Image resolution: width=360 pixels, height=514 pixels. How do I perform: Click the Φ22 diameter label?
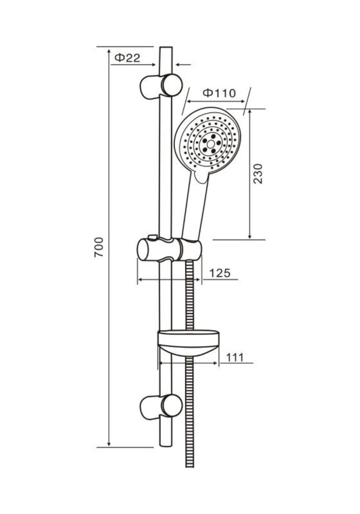tap(127, 58)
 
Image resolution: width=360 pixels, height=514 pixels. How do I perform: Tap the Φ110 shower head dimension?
tap(219, 93)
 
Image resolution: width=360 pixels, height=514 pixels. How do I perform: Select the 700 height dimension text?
tap(99, 247)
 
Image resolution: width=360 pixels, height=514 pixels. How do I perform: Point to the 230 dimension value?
tap(258, 174)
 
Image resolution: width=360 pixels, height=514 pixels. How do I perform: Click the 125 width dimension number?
tap(220, 273)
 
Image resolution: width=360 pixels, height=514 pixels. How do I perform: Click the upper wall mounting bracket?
tap(161, 86)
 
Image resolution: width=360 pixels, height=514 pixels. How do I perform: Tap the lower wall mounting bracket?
tap(161, 406)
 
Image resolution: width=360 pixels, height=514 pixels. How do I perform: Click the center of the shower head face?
tap(211, 143)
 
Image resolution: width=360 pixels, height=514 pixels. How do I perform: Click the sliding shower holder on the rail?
tap(169, 250)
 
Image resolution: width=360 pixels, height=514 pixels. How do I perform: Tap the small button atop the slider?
tap(153, 236)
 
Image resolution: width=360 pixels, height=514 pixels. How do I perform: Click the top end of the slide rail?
tap(166, 48)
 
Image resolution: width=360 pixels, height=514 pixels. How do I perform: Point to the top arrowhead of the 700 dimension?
tap(109, 52)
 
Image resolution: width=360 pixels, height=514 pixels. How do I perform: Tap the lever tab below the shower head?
tap(201, 175)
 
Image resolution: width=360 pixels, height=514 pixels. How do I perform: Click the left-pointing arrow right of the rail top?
tap(183, 64)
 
